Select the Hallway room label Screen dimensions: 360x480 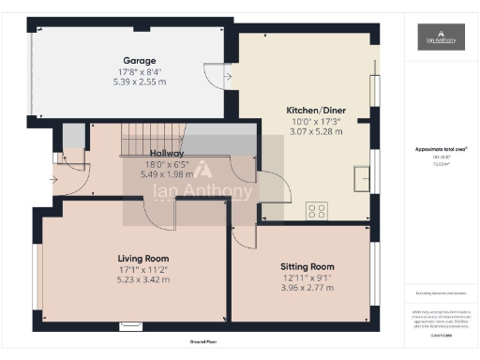pos(167,153)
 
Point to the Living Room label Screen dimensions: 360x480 pos(142,258)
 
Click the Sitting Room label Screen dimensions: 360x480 pos(301,266)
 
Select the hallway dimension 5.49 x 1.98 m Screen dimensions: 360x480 pos(167,174)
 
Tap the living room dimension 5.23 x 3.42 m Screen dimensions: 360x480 pos(142,279)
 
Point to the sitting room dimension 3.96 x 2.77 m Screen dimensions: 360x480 pos(301,288)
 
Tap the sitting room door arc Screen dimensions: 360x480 pos(243,234)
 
